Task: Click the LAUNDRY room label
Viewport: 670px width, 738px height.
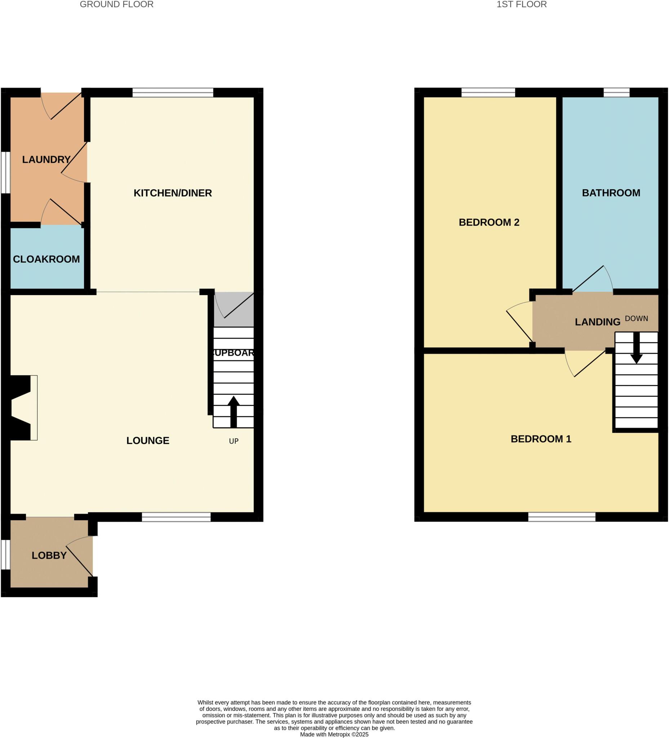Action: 46,160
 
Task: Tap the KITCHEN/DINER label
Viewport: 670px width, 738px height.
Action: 173,193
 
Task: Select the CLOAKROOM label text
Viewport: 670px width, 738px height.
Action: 46,259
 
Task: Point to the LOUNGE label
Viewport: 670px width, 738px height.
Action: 148,441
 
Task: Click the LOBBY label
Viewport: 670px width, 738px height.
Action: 49,555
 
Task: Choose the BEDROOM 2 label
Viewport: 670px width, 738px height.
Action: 489,222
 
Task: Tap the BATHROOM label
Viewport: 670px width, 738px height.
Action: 611,193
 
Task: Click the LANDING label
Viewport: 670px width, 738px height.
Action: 597,322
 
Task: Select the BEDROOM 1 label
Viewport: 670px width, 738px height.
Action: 541,439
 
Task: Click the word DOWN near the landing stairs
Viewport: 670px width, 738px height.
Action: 636,319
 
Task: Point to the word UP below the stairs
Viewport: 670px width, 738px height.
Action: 233,441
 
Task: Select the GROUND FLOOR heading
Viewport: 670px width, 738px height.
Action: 116,4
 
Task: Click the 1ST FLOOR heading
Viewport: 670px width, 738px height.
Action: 522,4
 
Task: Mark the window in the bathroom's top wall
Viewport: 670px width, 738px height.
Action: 616,93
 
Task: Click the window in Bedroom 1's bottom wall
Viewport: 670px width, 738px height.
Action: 562,516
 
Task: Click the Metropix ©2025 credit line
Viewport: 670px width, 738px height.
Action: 334,734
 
